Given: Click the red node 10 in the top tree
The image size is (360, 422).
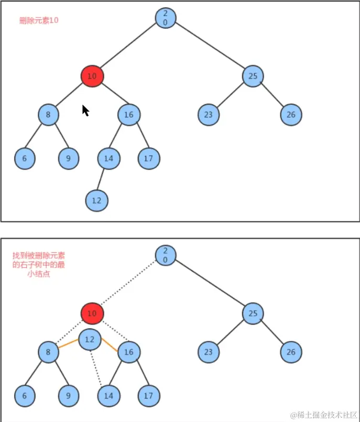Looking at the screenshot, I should coord(92,76).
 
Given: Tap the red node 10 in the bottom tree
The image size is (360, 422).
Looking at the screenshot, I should coord(92,314).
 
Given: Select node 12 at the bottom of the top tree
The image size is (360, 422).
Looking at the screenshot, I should coord(97,201).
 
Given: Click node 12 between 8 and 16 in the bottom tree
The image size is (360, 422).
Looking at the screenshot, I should coord(90,339).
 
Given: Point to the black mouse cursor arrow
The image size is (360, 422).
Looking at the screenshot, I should coord(85,110).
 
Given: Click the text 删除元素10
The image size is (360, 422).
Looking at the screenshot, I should coord(38,21).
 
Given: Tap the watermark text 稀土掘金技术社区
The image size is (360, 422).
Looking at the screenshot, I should coord(324,415).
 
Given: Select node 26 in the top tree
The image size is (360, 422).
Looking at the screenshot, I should coord(291,115).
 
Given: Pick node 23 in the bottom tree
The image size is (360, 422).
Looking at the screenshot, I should coord(209,352).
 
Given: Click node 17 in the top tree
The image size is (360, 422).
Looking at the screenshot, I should coord(149,158).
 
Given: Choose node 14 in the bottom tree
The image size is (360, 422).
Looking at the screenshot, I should coord(108,396).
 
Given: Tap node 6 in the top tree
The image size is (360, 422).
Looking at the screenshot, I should coord(25,159).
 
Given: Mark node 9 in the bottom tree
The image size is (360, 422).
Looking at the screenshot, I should coord(68,396).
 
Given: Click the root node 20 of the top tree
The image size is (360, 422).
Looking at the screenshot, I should coord(165,18).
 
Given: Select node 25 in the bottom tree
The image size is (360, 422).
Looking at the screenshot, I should coord(253,314).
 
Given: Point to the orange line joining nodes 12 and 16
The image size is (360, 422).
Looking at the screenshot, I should coord(109,345).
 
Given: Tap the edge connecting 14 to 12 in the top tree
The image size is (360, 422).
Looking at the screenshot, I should coord(102,180).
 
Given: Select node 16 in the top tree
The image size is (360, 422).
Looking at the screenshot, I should coord(129,115).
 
